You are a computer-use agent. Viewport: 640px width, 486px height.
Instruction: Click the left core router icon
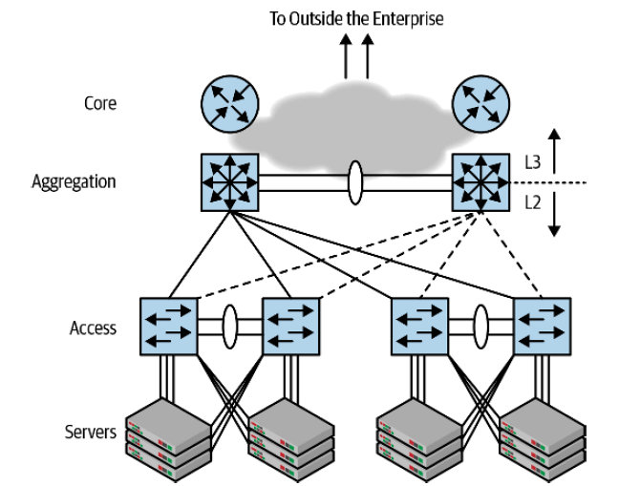(x=229, y=104)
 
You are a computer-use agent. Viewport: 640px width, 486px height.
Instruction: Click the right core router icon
(x=480, y=104)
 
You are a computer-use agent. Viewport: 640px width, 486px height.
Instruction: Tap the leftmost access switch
(x=169, y=326)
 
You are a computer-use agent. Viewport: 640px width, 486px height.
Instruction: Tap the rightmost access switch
(x=542, y=326)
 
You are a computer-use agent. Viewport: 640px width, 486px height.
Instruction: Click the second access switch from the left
(x=289, y=326)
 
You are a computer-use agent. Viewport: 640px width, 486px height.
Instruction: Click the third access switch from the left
(x=420, y=326)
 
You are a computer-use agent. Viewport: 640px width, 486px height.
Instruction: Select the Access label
(x=93, y=328)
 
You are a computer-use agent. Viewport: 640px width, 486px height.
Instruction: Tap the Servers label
(x=91, y=432)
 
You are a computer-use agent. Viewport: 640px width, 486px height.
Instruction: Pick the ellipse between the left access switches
(x=229, y=325)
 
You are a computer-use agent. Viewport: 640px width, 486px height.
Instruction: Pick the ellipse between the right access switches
(x=481, y=325)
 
